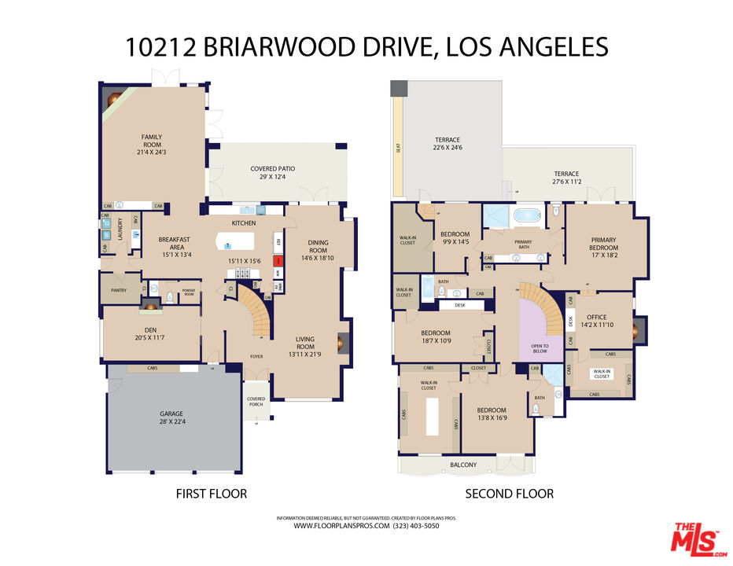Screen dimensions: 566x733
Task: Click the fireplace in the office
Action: coord(640,326)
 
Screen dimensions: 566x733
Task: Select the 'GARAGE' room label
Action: coord(171,413)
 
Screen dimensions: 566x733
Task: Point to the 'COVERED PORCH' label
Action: coord(256,402)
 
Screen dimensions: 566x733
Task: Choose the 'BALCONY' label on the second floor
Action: coord(463,465)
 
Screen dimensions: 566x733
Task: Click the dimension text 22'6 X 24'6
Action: coord(448,147)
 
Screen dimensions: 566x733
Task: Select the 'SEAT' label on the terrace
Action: coord(399,147)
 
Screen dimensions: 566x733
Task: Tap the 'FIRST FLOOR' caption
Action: coord(210,494)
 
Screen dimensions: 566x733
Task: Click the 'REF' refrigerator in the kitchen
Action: coord(278,242)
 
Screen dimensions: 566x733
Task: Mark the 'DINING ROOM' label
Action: coord(318,247)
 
